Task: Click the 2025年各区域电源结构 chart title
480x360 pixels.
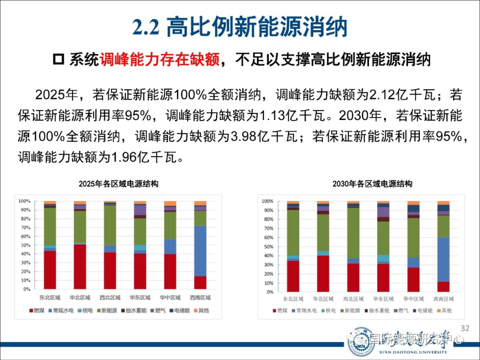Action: (119, 184)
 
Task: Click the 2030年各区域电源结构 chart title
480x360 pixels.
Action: (372, 184)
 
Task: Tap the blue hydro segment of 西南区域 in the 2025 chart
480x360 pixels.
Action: (200, 251)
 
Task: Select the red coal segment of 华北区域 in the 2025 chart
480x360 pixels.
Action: (80, 267)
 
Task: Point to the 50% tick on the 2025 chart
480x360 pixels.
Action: (25, 245)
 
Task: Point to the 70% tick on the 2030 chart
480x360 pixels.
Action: (267, 228)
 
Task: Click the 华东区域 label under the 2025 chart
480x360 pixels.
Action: (140, 298)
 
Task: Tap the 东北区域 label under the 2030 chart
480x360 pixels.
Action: (292, 299)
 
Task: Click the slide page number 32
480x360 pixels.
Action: (465, 328)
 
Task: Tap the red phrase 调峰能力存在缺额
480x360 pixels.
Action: (160, 60)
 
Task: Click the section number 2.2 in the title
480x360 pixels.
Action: (146, 28)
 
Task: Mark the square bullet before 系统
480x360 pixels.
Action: (58, 60)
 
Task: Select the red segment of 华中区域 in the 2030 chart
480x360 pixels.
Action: (413, 280)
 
